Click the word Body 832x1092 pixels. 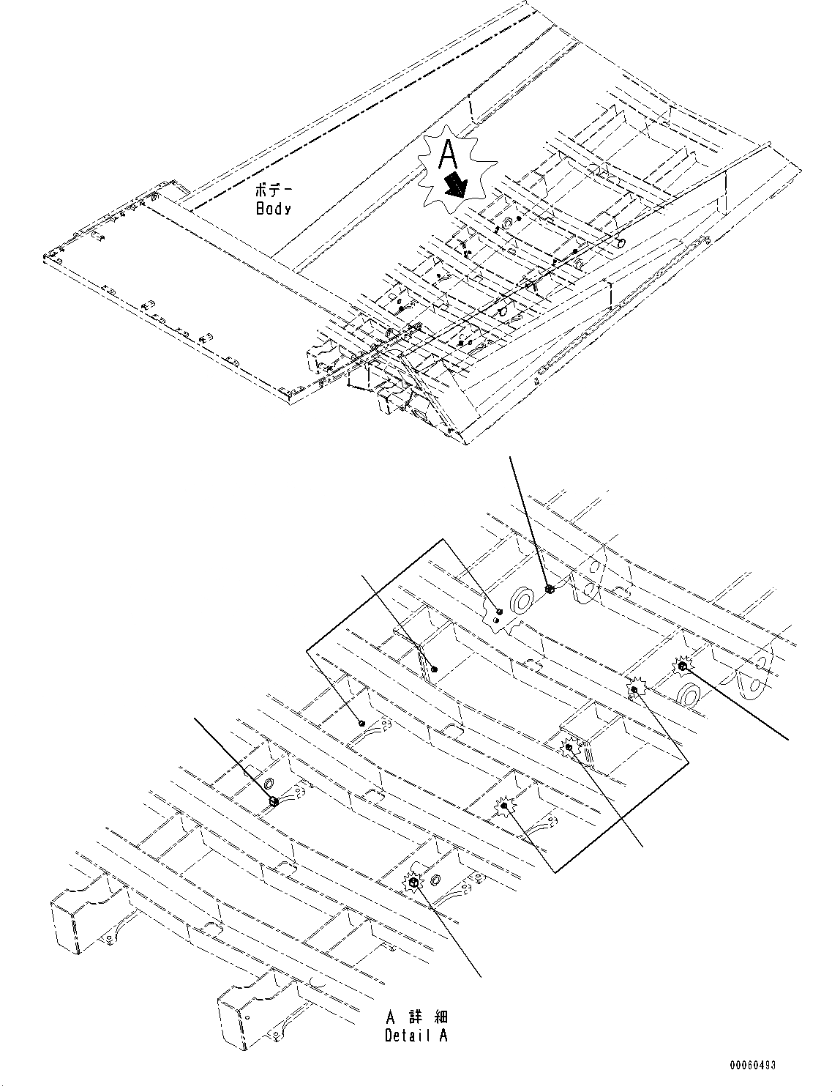click(x=273, y=209)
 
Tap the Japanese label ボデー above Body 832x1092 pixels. click(x=271, y=190)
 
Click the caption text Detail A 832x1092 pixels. click(x=416, y=1035)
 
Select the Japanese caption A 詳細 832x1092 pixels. click(x=416, y=1017)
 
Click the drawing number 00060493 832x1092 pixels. click(x=752, y=1065)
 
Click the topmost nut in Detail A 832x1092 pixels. click(x=550, y=588)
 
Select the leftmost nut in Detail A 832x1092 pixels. click(x=273, y=801)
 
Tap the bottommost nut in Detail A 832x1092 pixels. click(x=412, y=884)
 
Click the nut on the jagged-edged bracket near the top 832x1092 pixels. click(x=499, y=612)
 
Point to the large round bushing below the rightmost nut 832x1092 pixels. click(x=689, y=692)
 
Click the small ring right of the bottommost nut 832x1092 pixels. click(x=435, y=879)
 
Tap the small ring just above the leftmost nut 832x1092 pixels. click(x=269, y=778)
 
